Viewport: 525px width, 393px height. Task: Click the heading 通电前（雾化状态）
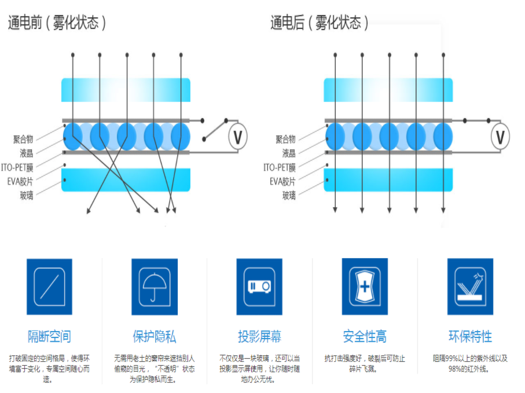coord(57,23)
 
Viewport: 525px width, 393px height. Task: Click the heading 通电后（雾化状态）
coord(319,23)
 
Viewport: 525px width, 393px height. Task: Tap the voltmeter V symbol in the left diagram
coord(237,137)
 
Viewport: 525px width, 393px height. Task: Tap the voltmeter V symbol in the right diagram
coord(501,137)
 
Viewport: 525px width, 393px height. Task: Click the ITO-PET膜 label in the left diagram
coord(19,167)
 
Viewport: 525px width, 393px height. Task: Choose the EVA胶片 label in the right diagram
coord(282,182)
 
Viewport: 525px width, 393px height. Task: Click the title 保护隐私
coord(154,337)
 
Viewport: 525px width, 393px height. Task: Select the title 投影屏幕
coord(259,337)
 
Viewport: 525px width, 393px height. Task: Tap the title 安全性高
coord(365,337)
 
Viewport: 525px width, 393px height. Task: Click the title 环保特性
coord(469,337)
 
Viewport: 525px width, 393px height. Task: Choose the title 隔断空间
coord(49,337)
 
